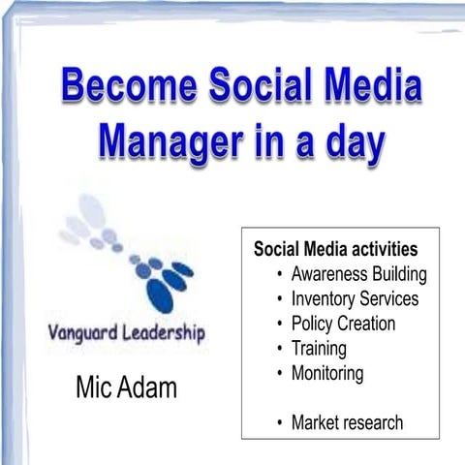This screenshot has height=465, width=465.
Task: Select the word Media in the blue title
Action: pos(374,87)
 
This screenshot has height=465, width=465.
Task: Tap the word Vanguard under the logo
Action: pos(87,334)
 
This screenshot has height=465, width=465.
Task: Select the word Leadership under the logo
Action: pos(167,334)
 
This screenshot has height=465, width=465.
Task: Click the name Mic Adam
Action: pos(126,388)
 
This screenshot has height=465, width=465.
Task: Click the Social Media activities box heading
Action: pos(335,248)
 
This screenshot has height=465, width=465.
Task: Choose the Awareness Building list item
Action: pos(358,273)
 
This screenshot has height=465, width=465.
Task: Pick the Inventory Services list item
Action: pos(355,298)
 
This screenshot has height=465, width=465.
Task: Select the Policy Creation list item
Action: pos(343,324)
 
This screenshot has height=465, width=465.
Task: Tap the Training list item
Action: pos(319,349)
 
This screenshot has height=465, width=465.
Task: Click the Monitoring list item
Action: pos(326,373)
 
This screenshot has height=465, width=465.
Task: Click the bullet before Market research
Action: pos(279,422)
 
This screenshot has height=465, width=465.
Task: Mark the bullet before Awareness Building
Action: pos(279,273)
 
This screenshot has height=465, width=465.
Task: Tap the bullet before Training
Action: pos(279,349)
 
